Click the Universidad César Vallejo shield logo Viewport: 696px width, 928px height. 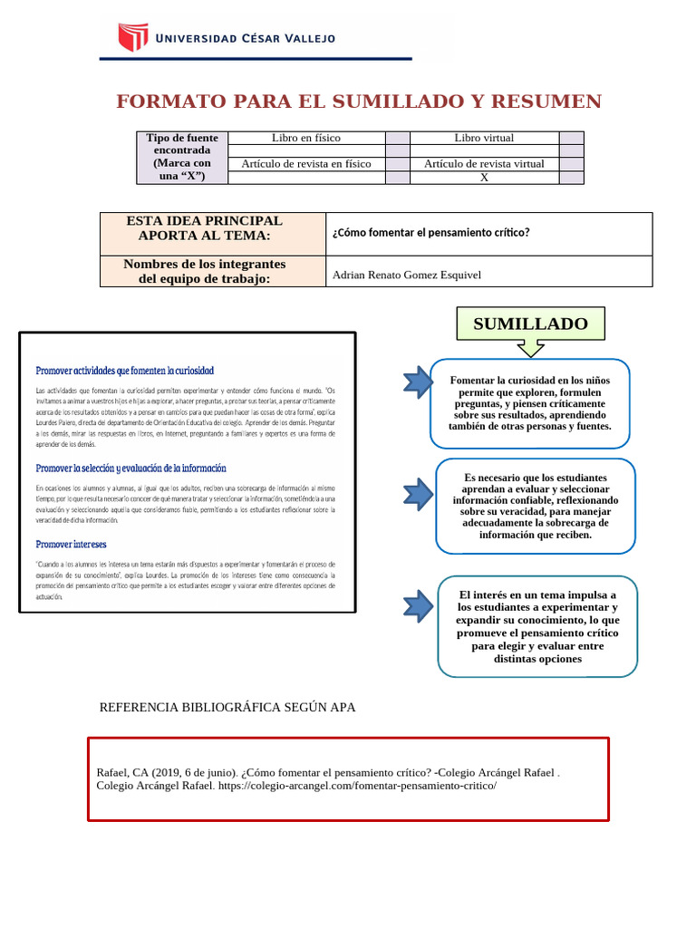(x=132, y=37)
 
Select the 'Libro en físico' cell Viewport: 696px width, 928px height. (x=306, y=138)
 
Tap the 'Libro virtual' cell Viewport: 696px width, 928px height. (x=484, y=138)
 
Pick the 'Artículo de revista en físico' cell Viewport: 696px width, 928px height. (x=306, y=164)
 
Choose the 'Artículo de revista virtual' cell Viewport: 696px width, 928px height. (x=484, y=164)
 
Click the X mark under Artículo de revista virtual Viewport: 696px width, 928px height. (x=484, y=178)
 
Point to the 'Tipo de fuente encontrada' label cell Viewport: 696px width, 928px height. (x=182, y=157)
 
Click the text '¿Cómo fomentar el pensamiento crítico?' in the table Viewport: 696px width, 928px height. (x=430, y=233)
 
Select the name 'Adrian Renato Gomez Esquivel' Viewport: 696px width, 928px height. (x=407, y=275)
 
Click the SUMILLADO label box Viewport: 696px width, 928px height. (x=530, y=324)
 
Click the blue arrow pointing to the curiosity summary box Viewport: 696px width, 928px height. (x=418, y=383)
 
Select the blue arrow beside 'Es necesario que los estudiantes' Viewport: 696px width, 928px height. (x=418, y=495)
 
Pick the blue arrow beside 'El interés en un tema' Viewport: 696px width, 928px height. (x=418, y=606)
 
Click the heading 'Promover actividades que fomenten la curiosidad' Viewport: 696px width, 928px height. (x=124, y=371)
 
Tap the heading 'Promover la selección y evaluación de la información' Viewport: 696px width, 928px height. (x=130, y=469)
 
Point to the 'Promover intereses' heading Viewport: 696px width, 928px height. (x=71, y=544)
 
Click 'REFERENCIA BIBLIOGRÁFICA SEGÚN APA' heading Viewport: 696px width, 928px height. (x=227, y=707)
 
